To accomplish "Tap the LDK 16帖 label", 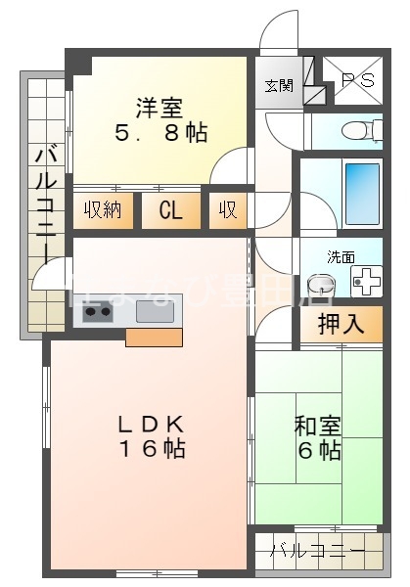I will (x=152, y=436).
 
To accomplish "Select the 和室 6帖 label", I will (x=318, y=438).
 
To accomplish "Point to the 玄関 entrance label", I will (x=278, y=85).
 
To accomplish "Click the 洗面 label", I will (x=341, y=257).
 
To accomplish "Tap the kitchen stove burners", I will (x=99, y=313).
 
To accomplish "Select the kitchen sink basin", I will (x=155, y=312).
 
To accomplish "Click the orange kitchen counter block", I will (x=154, y=338).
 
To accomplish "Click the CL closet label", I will (x=170, y=210).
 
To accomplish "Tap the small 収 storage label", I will (x=227, y=210).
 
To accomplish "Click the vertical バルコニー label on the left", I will (x=44, y=205).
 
